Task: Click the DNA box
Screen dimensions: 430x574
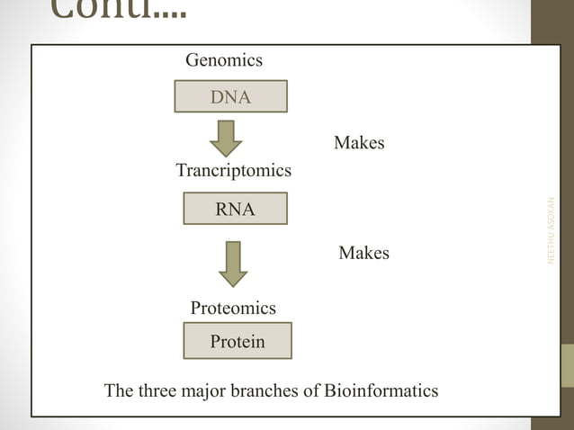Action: (230, 96)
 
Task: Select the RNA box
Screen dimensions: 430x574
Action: (235, 209)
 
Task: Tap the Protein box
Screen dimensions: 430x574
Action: (238, 341)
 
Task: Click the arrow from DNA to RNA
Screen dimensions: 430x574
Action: (225, 138)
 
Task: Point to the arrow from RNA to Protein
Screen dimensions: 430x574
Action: (233, 262)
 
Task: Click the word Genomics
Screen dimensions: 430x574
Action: (224, 60)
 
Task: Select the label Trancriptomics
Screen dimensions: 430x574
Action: (233, 170)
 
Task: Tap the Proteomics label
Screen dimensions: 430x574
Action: (233, 308)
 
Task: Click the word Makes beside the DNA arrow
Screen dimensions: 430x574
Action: (359, 142)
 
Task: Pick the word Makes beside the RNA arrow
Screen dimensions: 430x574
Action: (363, 253)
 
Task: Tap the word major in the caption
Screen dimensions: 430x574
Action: (211, 391)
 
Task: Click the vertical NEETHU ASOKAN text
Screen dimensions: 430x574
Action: (552, 230)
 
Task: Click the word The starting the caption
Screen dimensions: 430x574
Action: (120, 391)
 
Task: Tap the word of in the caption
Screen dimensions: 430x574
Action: (311, 391)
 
